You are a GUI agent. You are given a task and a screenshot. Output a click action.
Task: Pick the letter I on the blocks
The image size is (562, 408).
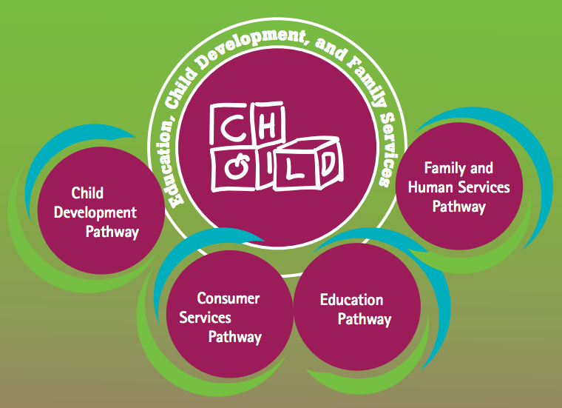tap(260, 167)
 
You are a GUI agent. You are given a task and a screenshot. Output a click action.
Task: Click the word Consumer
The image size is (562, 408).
tap(228, 298)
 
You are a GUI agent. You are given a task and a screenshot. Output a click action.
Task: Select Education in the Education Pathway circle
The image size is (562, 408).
tap(351, 300)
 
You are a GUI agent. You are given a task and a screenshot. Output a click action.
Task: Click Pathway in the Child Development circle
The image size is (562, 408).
tap(112, 232)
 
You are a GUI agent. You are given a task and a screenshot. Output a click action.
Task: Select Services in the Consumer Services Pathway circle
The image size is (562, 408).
tap(205, 318)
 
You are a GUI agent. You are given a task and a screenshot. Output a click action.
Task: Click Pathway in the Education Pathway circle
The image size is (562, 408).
tap(365, 320)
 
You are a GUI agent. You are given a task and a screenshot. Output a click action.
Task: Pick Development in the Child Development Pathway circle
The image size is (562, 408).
tap(104, 213)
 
